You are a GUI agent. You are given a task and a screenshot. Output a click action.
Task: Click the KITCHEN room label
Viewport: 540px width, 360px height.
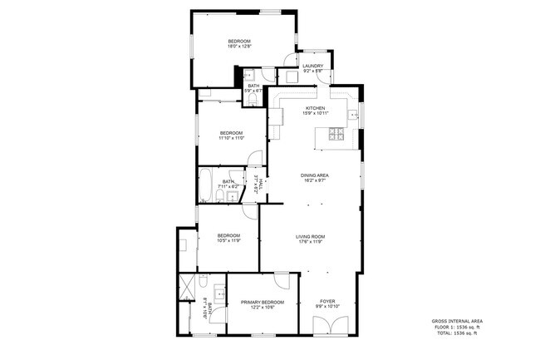pyautogui.click(x=316, y=108)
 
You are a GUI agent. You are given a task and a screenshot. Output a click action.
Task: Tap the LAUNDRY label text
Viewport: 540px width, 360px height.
pyautogui.click(x=312, y=66)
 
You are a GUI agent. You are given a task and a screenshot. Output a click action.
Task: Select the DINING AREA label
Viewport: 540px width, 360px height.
pyautogui.click(x=315, y=175)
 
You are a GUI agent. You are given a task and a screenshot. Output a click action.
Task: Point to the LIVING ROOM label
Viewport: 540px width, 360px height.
pyautogui.click(x=310, y=237)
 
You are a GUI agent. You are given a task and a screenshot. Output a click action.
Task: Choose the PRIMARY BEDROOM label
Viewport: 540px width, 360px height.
pyautogui.click(x=263, y=302)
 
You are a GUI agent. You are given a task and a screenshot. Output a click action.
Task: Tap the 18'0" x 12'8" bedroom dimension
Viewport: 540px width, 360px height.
pyautogui.click(x=239, y=47)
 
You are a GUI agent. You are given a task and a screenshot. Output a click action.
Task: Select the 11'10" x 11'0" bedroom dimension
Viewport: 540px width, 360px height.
pyautogui.click(x=231, y=139)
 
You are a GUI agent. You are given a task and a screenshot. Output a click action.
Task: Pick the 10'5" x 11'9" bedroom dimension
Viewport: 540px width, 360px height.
pyautogui.click(x=228, y=241)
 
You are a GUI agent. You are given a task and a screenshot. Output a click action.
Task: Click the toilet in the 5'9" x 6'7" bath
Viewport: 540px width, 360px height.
pyautogui.click(x=253, y=101)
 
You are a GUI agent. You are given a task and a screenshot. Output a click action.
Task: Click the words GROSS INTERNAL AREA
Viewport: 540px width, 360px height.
pyautogui.click(x=455, y=321)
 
